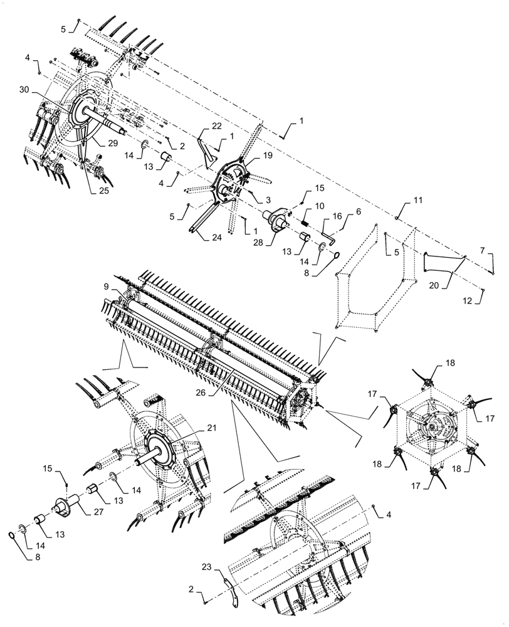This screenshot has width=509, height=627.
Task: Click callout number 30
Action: pyautogui.click(x=23, y=91)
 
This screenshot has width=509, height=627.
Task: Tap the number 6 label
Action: pyautogui.click(x=358, y=212)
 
